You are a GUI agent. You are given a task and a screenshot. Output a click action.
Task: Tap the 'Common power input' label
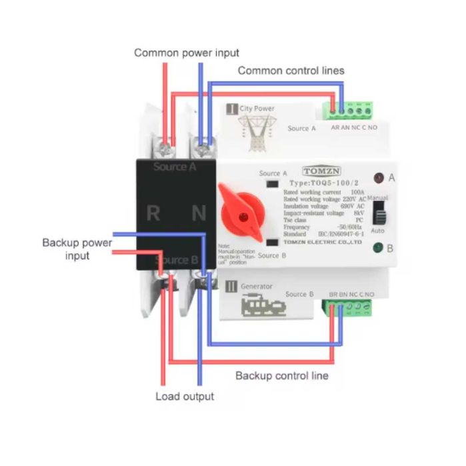187,53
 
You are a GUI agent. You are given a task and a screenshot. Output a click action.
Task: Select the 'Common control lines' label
291,70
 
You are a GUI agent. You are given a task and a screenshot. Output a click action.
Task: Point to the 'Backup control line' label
282,375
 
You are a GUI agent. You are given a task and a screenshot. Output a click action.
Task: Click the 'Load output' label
185,397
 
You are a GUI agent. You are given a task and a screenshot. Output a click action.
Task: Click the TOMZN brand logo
320,170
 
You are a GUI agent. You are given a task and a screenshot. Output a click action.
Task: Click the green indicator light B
377,249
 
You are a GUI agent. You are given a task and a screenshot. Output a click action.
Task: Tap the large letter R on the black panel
153,214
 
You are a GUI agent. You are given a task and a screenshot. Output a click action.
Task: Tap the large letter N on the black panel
199,214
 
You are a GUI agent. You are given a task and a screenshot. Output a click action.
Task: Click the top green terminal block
351,108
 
